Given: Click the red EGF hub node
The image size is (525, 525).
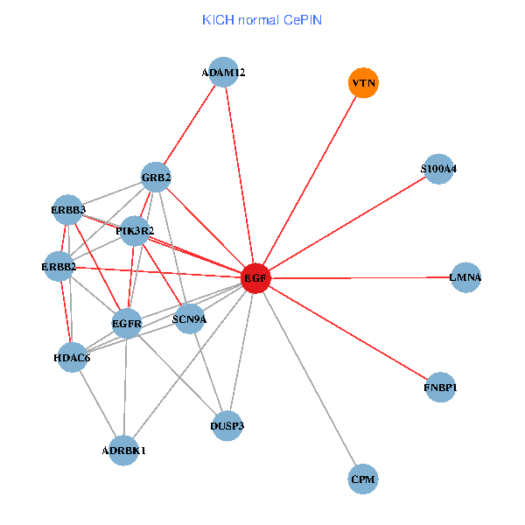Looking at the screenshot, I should pos(255,278).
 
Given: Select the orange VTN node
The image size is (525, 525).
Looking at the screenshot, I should pos(363,83).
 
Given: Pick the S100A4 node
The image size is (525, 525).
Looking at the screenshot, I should pos(437,169).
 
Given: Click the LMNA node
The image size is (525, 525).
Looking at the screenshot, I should pos(465,277).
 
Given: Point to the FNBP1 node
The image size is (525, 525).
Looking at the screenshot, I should pos(440,387).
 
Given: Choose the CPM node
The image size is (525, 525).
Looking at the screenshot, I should pos(363,479).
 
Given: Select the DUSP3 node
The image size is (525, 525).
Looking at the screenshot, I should pos(227,426).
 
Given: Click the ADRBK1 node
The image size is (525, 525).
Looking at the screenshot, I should pos(124,451).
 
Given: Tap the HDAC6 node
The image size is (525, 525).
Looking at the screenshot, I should pos(71,356).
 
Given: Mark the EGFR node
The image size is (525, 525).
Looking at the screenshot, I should pos(128,324).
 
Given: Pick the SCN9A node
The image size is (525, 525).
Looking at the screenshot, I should pos(188,318).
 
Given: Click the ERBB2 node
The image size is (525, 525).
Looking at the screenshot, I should pos(59,265).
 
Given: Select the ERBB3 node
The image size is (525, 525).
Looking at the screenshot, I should pos(67,210).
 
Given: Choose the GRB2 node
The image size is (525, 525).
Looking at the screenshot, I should pos(156,178).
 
